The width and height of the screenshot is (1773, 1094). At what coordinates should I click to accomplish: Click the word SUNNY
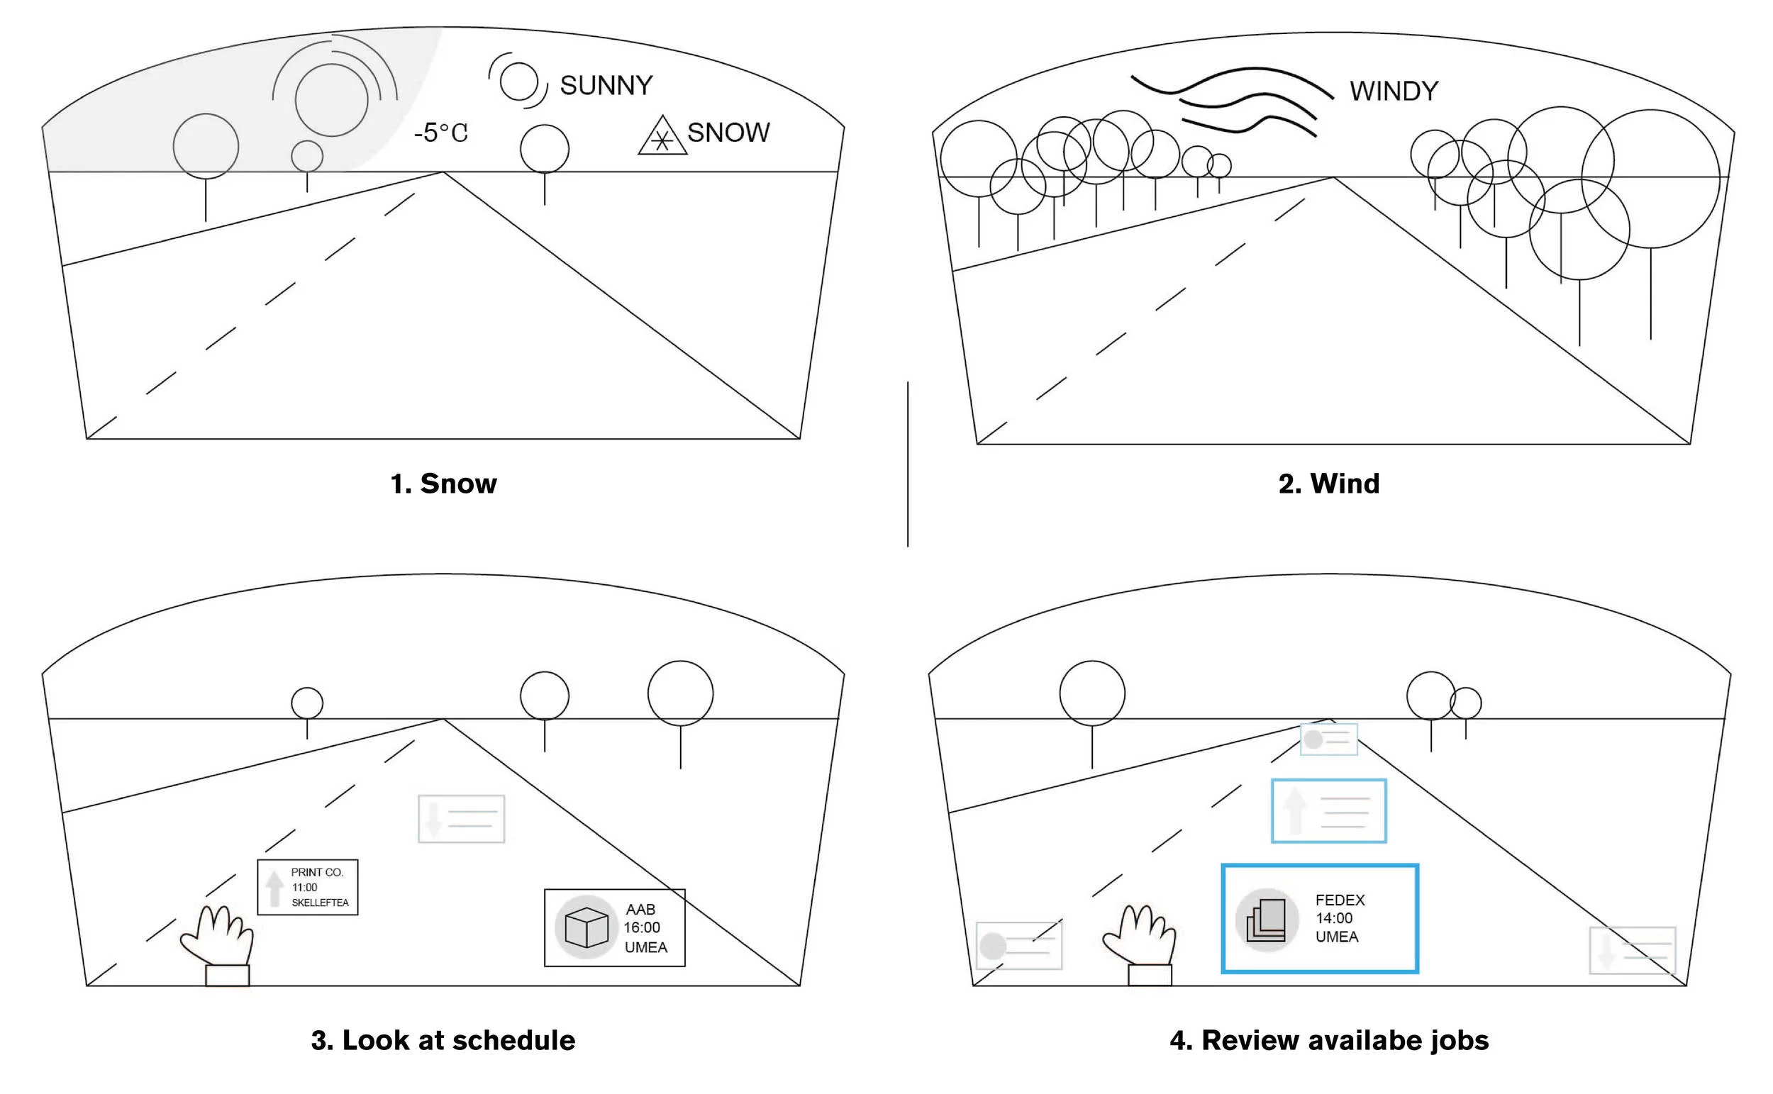click(x=606, y=85)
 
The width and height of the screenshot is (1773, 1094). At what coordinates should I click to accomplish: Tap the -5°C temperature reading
click(x=440, y=133)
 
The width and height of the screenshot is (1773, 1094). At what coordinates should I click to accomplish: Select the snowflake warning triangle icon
click(x=662, y=137)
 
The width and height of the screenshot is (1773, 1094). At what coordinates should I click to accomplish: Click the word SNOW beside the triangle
click(x=728, y=133)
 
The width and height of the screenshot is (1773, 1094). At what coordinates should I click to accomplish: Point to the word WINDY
click(x=1394, y=91)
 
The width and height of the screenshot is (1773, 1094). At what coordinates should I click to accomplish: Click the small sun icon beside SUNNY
click(x=519, y=81)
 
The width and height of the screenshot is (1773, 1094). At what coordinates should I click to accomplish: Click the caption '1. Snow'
click(x=444, y=484)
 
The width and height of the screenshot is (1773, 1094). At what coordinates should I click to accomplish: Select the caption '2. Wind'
click(x=1328, y=484)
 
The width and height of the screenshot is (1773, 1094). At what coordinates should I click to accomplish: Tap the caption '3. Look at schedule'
click(x=443, y=1040)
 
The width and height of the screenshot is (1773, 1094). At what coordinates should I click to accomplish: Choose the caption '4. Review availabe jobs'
click(x=1328, y=1040)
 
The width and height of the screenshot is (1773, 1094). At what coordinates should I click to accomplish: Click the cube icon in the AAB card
click(x=586, y=927)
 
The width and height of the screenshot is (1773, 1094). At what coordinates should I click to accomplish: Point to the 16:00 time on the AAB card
click(x=642, y=927)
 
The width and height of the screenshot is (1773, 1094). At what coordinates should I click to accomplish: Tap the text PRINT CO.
click(x=317, y=873)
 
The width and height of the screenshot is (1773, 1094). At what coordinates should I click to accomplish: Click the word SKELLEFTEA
click(x=320, y=903)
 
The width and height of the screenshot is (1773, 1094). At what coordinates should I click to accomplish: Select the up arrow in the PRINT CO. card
click(x=274, y=888)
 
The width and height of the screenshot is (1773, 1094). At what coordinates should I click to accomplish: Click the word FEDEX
click(x=1340, y=900)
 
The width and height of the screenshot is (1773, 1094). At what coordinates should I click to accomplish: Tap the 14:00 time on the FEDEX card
click(x=1334, y=918)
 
